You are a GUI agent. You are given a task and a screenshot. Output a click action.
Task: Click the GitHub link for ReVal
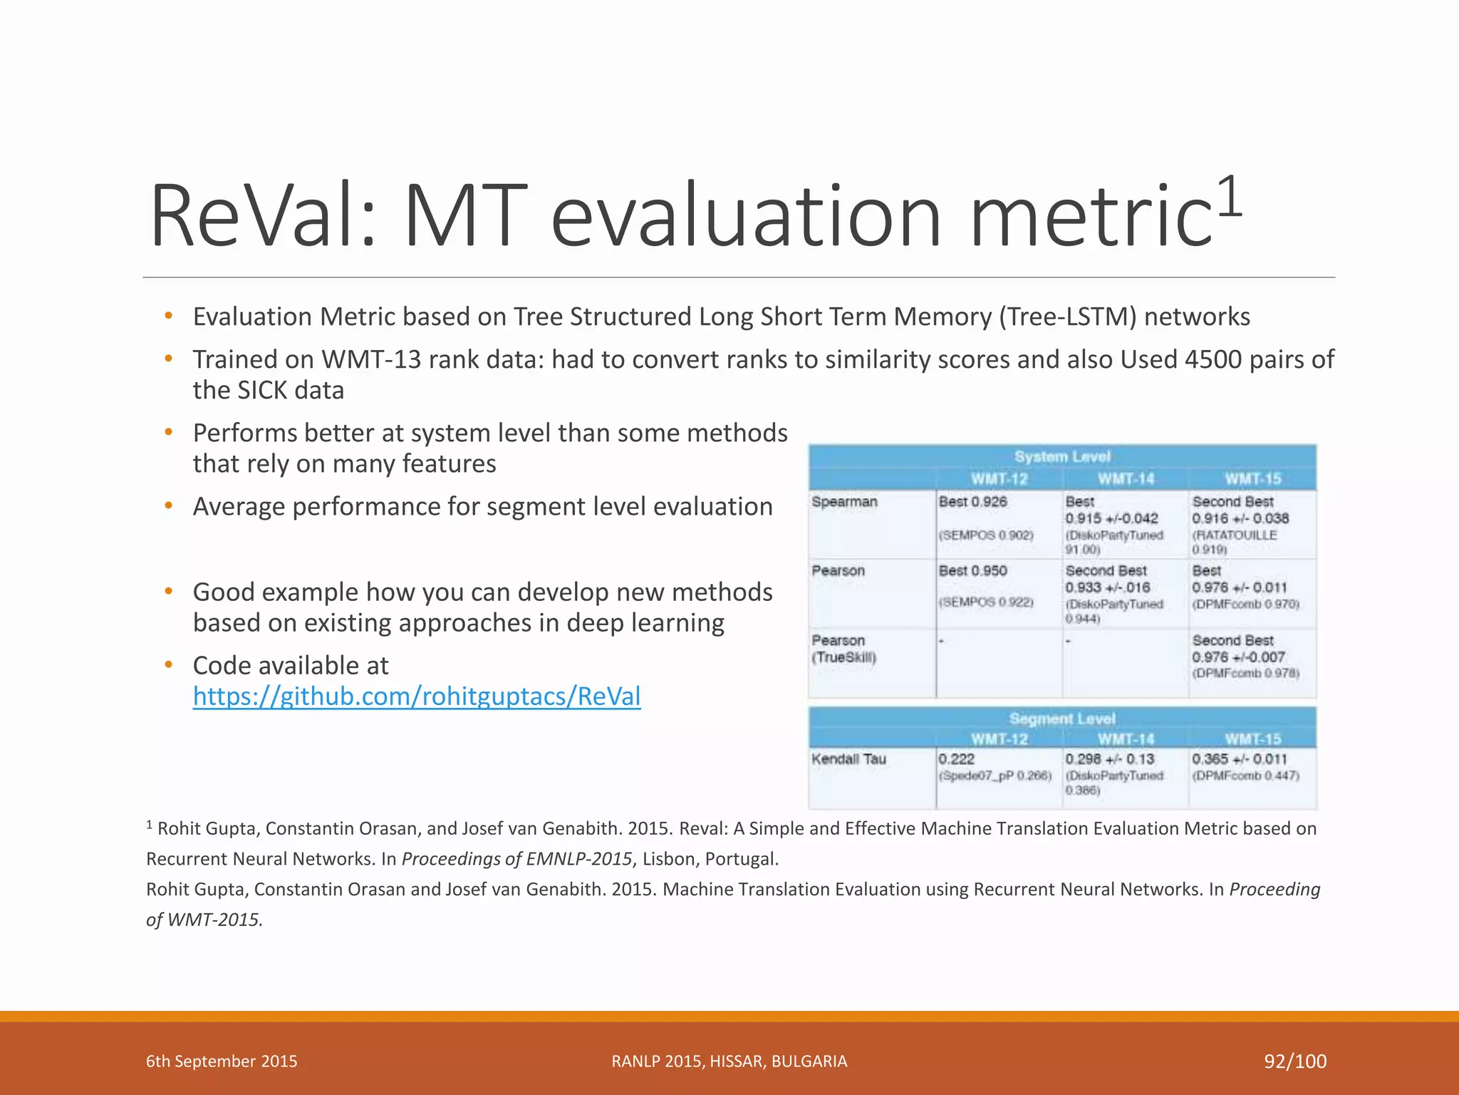point(417,696)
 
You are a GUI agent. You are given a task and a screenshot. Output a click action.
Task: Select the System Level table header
point(1061,456)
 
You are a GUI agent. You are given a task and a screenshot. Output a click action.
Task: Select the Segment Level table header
point(1061,719)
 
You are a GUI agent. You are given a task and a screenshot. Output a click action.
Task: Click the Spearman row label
point(845,502)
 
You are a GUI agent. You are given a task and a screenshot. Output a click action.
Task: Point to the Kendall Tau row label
point(849,759)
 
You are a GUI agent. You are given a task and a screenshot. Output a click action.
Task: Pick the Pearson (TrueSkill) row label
point(844,649)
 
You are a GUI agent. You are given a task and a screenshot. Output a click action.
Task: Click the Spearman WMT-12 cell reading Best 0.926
point(973,502)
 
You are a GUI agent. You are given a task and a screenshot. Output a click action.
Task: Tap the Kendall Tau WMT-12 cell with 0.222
point(957,759)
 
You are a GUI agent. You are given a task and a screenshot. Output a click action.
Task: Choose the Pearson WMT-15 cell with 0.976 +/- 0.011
point(1240,587)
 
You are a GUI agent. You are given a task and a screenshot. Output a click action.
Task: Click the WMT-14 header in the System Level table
point(1126,479)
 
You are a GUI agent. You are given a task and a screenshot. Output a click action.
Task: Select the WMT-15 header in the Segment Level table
point(1252,739)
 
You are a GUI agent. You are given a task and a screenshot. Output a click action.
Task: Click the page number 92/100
point(1295,1061)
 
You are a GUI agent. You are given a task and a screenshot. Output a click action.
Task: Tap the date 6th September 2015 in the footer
point(222,1061)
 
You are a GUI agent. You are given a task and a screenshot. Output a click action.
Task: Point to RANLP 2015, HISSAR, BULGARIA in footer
point(729,1061)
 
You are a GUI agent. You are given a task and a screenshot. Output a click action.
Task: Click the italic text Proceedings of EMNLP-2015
point(517,859)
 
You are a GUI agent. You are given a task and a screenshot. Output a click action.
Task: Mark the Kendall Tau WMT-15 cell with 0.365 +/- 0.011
point(1240,759)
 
